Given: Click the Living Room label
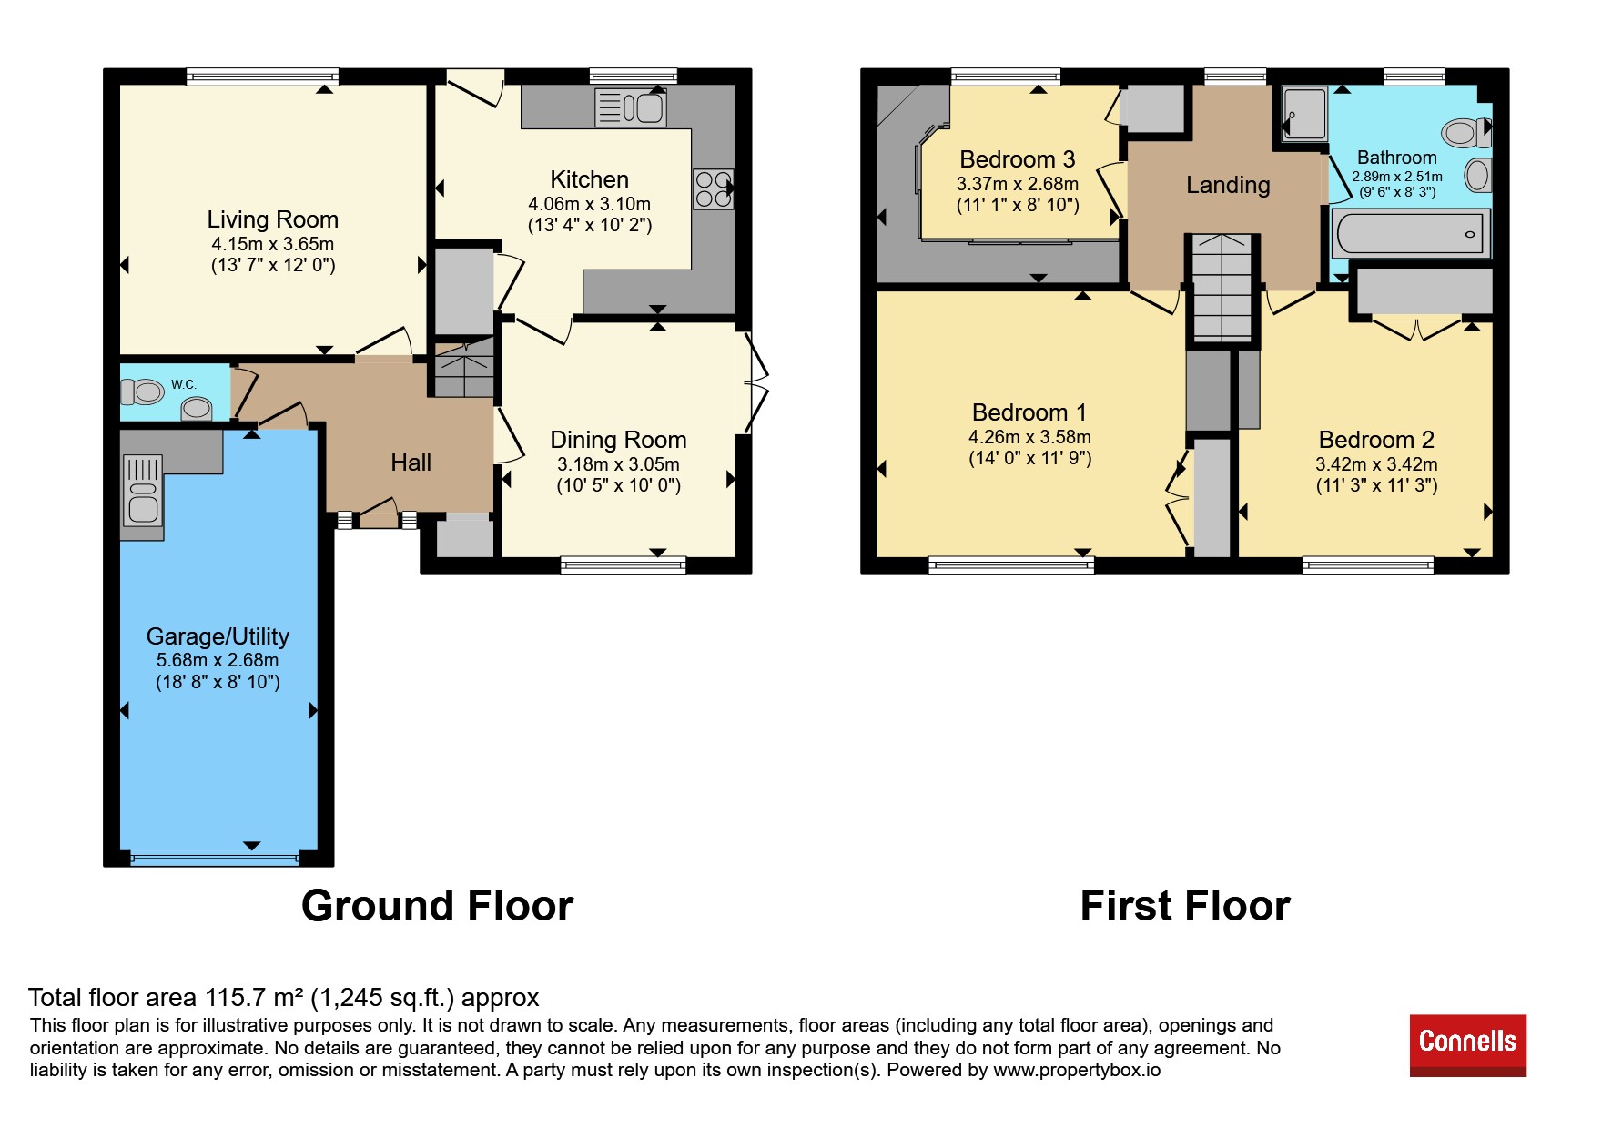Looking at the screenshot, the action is click(272, 219).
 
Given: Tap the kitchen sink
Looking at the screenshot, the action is click(631, 107).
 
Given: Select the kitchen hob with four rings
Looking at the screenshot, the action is click(714, 189).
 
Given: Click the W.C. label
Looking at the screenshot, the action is click(184, 384).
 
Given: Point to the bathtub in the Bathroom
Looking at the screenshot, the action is click(1410, 233).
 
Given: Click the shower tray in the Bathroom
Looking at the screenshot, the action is click(1304, 114).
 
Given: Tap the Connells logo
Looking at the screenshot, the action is click(1467, 1044).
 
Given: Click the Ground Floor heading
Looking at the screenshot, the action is click(437, 906).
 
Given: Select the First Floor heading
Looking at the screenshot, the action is click(1185, 906).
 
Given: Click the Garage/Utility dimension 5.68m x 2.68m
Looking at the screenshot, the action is click(218, 660).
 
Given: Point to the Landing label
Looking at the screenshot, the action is click(1228, 185).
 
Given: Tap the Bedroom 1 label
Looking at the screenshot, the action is click(1029, 412).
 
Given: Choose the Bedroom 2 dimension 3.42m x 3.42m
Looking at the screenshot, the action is click(1376, 464).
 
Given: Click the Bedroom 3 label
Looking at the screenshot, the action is click(1018, 159).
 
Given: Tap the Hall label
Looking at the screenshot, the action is click(411, 463).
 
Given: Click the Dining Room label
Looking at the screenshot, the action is click(618, 440).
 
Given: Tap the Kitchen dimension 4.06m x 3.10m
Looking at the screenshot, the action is click(590, 204).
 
